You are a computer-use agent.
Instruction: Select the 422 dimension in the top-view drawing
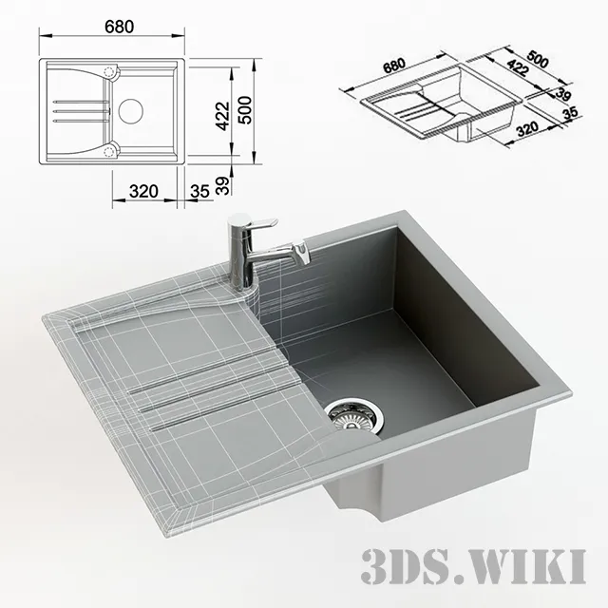[219, 114]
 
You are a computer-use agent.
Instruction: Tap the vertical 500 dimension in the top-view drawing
[246, 112]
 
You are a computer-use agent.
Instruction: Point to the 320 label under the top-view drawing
[142, 191]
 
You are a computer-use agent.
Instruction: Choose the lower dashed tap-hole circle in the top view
[112, 149]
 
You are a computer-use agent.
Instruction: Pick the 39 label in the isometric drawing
[563, 94]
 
